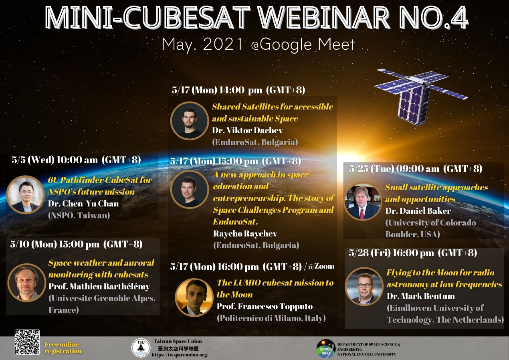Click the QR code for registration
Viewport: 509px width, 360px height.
(x=27, y=342)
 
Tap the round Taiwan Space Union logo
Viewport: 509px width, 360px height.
(x=141, y=348)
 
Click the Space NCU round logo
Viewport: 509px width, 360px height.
(x=326, y=349)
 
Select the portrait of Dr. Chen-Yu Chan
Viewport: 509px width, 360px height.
(x=26, y=194)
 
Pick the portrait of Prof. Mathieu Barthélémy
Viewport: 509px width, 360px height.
(x=26, y=283)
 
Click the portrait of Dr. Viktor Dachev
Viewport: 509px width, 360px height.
(x=190, y=121)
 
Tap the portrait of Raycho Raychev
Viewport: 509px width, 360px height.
(x=190, y=189)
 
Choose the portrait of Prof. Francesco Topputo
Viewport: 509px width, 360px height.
(x=194, y=297)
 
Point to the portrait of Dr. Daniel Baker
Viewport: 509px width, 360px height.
(x=363, y=202)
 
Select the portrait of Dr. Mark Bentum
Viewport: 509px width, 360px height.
(x=364, y=286)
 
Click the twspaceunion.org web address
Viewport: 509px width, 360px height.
(x=180, y=355)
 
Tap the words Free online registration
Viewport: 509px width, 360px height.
(x=63, y=348)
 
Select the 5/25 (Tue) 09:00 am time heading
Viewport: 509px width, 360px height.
(x=416, y=169)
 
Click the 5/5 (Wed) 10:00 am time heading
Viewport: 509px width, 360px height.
(x=76, y=160)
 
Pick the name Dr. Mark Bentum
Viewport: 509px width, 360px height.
(x=421, y=296)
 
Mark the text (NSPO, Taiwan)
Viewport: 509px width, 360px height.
(x=79, y=215)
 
